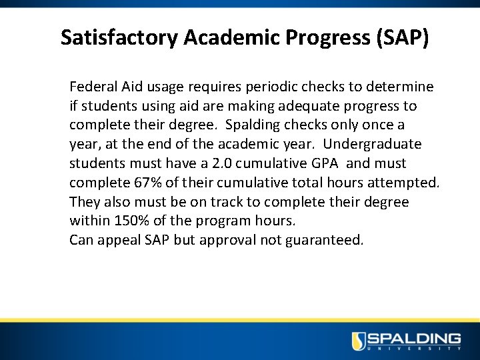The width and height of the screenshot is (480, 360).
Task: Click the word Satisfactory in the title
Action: (119, 37)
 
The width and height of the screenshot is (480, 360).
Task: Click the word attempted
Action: (405, 183)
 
